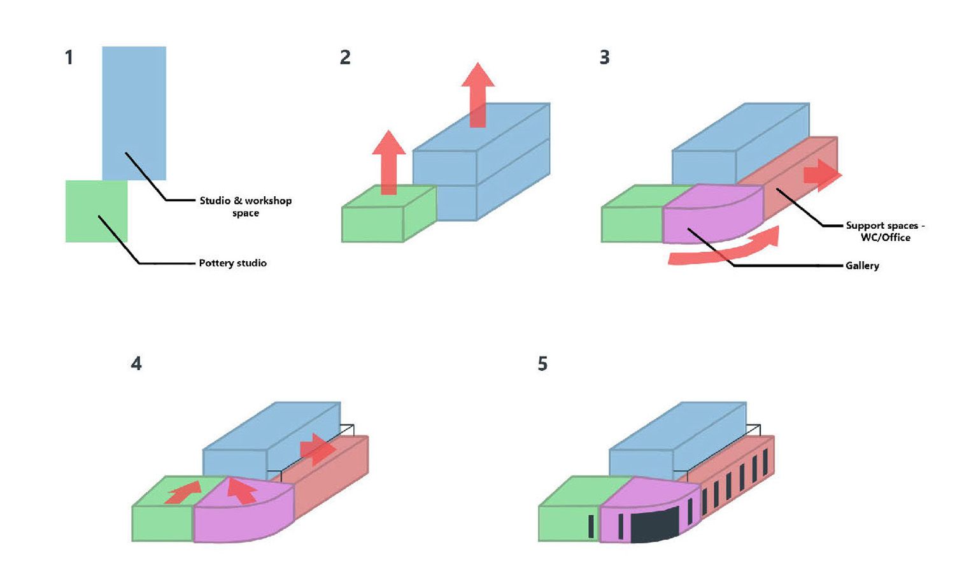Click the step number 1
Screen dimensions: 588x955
(69, 58)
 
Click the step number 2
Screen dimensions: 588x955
(345, 58)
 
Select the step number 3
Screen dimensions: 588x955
(604, 58)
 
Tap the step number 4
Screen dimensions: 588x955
(136, 364)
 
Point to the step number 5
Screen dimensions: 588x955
(542, 364)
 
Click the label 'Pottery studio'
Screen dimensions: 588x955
(232, 263)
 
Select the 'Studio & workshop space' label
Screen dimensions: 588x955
(246, 206)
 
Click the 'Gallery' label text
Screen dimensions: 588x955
(862, 266)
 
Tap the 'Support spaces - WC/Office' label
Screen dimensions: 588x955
(885, 231)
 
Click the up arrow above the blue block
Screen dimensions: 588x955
(478, 92)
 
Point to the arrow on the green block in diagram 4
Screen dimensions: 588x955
(183, 492)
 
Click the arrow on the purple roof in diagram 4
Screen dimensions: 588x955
(241, 489)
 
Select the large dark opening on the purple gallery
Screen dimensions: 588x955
(654, 524)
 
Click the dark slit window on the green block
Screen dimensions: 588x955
(591, 526)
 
